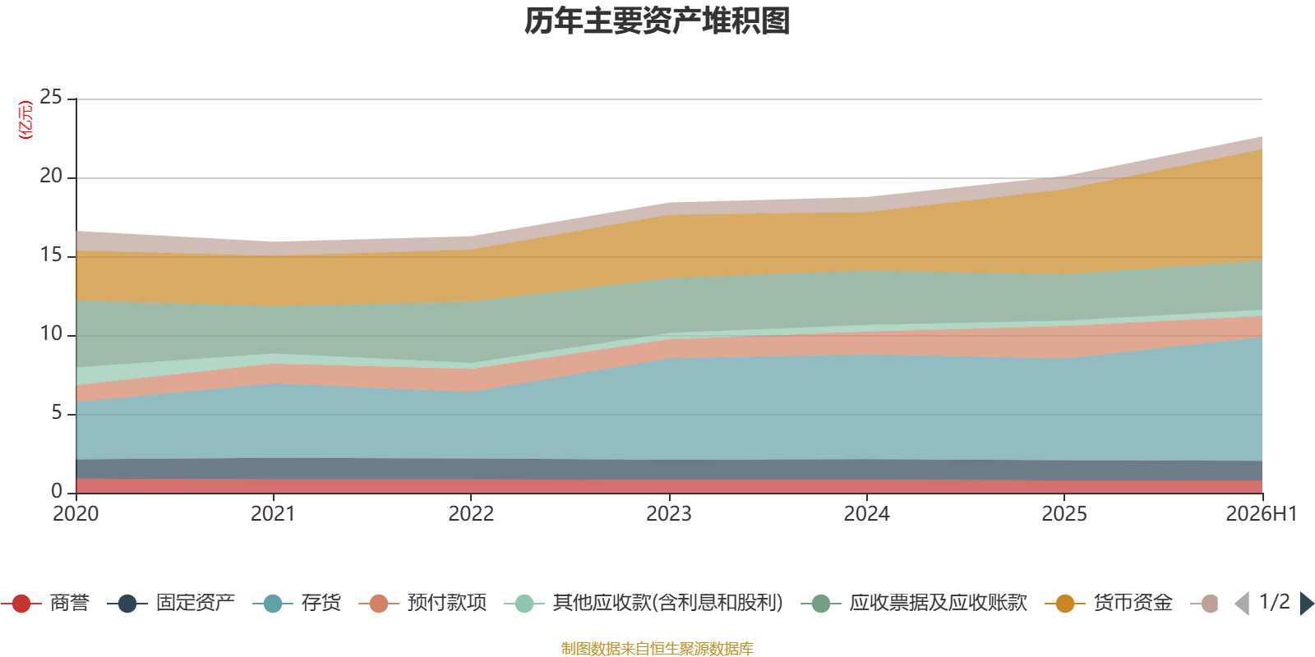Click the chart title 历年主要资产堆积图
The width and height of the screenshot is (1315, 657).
click(657, 21)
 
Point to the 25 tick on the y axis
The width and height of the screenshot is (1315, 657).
click(51, 97)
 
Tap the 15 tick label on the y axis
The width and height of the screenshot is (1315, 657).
click(51, 255)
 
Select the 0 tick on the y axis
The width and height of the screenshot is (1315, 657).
click(57, 491)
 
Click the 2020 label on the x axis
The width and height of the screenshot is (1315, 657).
click(76, 514)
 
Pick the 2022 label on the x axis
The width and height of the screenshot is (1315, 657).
click(471, 514)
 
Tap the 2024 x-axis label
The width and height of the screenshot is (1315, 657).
click(866, 514)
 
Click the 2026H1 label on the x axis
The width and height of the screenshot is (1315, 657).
click(1262, 514)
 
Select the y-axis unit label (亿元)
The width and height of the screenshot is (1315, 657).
click(25, 120)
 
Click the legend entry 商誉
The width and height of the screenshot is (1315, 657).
click(45, 603)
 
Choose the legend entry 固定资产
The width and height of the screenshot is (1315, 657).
click(171, 603)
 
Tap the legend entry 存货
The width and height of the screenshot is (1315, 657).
click(297, 603)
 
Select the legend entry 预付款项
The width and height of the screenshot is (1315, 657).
click(422, 603)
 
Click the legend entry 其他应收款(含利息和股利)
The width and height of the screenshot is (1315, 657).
click(644, 603)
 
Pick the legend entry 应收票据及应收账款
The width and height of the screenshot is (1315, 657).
click(914, 603)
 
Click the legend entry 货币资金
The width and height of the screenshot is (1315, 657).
click(1109, 603)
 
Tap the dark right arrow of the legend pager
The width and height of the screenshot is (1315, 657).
click(1306, 604)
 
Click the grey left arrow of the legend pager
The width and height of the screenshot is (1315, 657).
click(1243, 604)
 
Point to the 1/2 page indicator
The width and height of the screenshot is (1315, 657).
click(1275, 602)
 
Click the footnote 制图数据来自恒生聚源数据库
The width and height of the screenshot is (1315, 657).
click(657, 648)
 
